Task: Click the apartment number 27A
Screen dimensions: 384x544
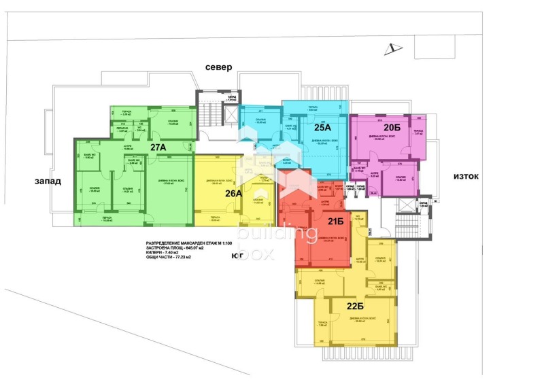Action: click(x=158, y=147)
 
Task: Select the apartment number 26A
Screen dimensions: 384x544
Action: click(x=233, y=193)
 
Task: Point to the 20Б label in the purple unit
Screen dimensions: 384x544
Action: click(x=391, y=128)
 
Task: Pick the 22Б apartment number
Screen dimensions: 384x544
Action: click(x=355, y=305)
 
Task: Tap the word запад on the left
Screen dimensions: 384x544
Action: click(x=49, y=181)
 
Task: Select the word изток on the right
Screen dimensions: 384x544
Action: click(x=466, y=177)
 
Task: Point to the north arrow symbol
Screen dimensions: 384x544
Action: click(x=389, y=48)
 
